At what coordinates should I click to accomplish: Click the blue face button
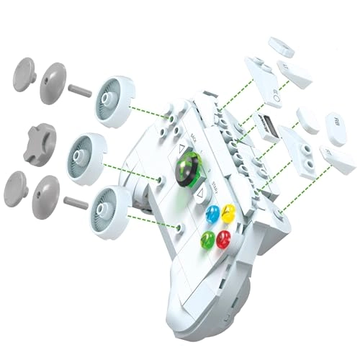tap(212, 214)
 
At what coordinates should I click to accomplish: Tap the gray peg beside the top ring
tap(79, 90)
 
